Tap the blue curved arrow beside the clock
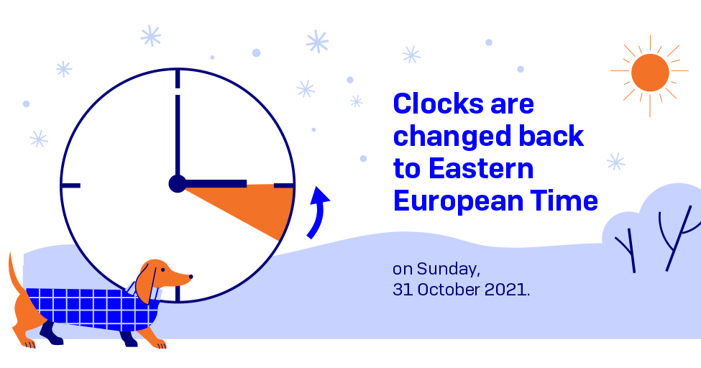[x=317, y=213]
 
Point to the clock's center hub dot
[x=177, y=184]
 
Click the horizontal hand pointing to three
[x=216, y=184]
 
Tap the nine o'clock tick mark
[x=71, y=185]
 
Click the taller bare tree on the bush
[x=677, y=237]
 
